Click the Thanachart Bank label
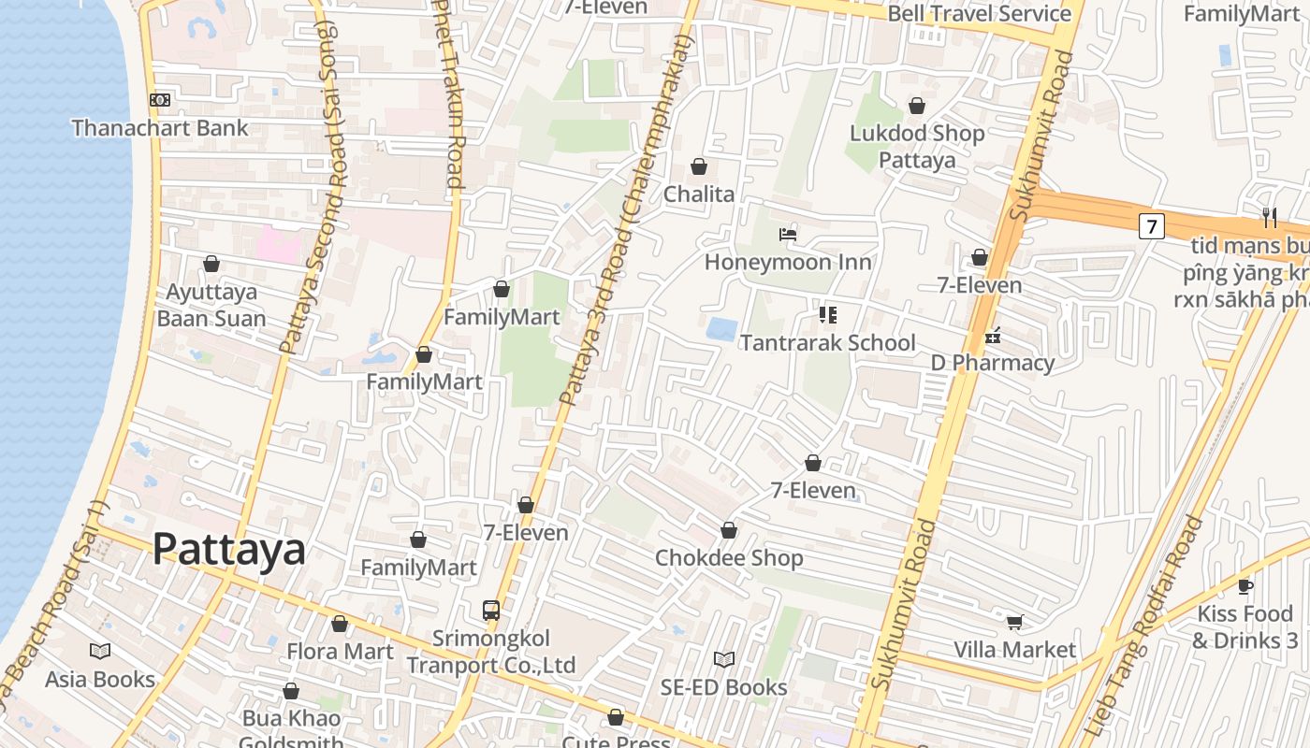[160, 128]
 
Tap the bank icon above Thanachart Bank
[160, 100]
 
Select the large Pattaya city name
[228, 549]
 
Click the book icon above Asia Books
[100, 651]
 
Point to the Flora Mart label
[340, 651]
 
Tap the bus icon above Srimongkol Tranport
[491, 611]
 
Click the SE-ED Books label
[723, 687]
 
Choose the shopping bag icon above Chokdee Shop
[729, 531]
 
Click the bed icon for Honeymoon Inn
[788, 234]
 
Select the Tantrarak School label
[827, 343]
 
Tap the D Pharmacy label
[992, 363]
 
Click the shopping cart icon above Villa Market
[1014, 622]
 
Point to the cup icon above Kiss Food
[1244, 586]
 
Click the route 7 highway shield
[1151, 225]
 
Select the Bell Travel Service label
[979, 13]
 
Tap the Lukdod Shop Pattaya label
[917, 146]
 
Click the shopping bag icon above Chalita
[698, 166]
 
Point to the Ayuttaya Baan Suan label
[211, 305]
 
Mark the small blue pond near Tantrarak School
[721, 328]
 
